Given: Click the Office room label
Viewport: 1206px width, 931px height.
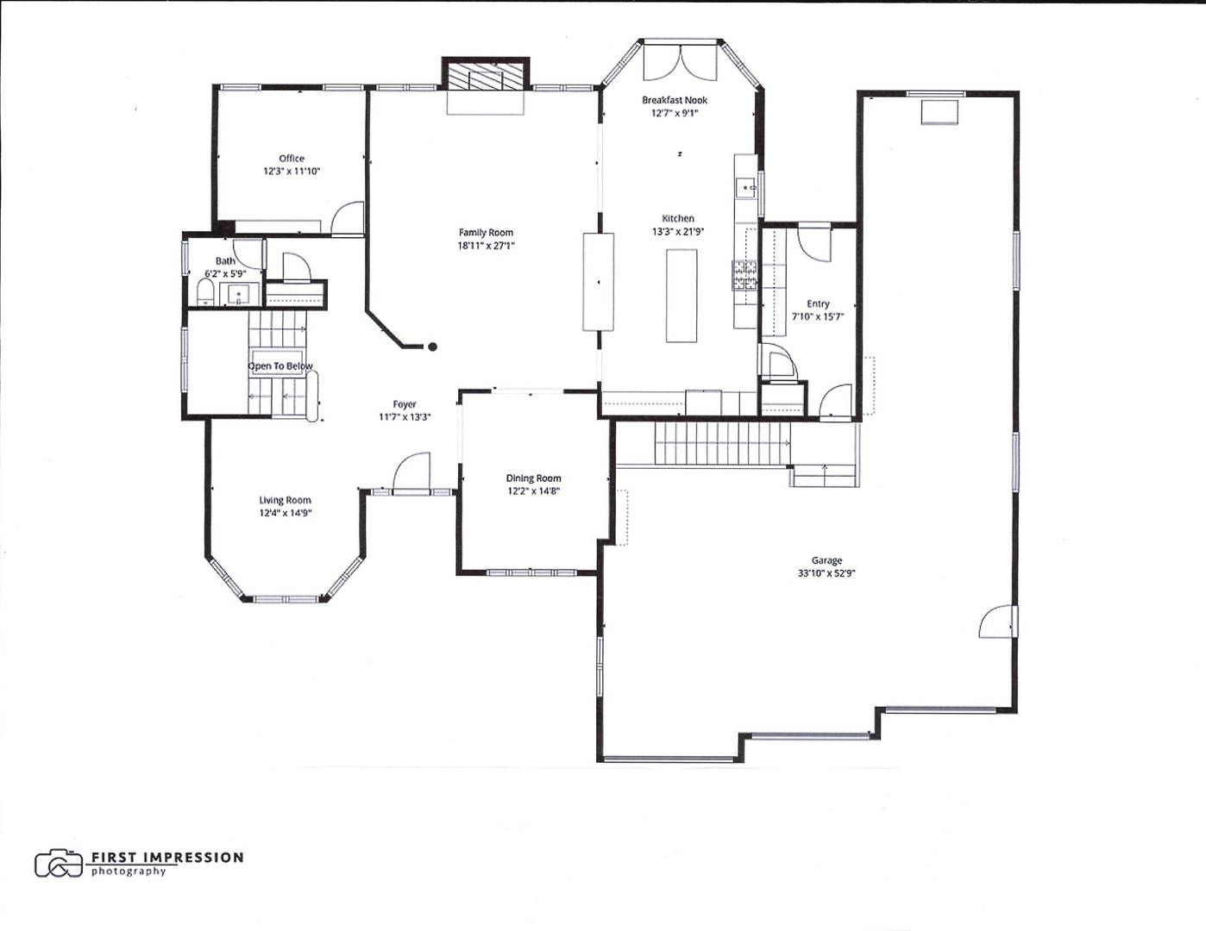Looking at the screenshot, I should (x=292, y=159).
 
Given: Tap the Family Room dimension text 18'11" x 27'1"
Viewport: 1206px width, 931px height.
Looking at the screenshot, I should (x=486, y=246).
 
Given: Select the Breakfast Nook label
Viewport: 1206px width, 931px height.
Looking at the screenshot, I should (x=675, y=100).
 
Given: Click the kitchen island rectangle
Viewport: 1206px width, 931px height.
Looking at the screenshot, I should (x=682, y=296).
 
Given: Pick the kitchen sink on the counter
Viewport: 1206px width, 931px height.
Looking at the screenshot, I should (x=744, y=186).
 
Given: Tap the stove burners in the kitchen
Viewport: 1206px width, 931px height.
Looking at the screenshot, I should (x=745, y=275).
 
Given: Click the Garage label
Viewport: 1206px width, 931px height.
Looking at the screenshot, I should (x=826, y=560).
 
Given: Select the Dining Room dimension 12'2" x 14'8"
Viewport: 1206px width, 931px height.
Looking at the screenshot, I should (x=533, y=491).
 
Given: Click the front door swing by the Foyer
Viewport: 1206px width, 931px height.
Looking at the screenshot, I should (x=411, y=472).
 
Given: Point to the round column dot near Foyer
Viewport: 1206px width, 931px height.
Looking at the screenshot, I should (x=433, y=347).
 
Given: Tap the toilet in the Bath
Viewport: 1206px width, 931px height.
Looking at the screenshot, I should (x=205, y=293).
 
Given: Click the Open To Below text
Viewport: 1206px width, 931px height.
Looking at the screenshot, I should (x=280, y=366).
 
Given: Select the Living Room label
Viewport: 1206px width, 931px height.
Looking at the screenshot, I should (x=285, y=500).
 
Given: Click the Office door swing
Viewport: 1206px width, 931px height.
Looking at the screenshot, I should (x=349, y=218).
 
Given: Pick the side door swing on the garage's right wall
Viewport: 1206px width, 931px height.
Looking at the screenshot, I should (x=998, y=622).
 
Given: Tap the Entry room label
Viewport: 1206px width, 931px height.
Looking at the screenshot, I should (x=818, y=303).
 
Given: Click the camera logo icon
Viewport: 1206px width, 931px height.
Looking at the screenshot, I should (x=59, y=863).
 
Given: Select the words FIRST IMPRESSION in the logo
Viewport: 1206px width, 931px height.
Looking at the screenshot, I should (x=167, y=858).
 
